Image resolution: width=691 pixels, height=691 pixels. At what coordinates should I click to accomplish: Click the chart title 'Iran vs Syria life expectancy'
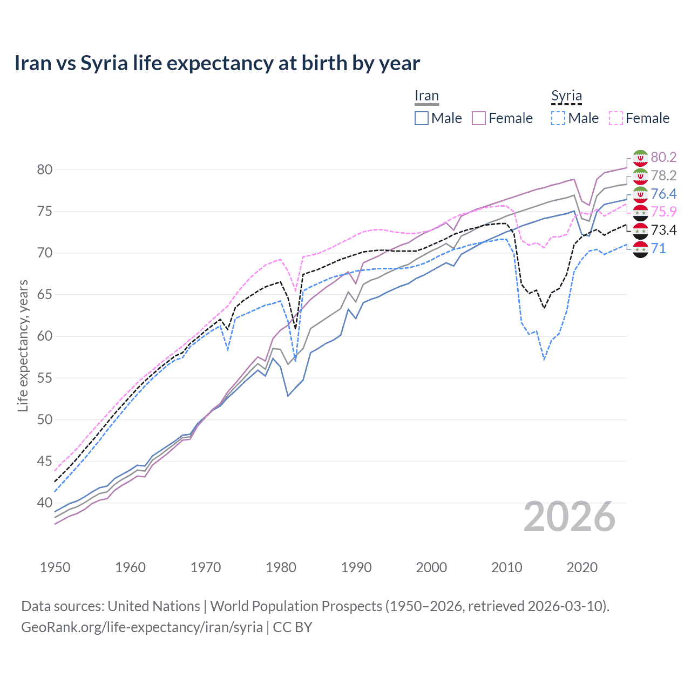217,63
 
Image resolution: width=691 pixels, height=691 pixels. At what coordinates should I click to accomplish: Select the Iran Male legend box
422,118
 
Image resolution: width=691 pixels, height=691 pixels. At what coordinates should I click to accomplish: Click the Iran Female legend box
479,118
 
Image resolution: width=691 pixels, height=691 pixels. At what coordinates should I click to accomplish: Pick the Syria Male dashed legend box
558,118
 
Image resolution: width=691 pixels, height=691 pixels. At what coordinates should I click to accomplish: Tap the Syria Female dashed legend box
616,118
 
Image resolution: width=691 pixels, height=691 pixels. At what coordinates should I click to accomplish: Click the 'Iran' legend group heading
426,96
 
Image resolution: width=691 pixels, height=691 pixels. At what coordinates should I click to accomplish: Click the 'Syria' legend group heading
566,96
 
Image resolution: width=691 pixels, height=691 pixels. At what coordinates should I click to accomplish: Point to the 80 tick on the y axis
45,170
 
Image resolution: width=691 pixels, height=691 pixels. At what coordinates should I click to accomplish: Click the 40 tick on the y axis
45,503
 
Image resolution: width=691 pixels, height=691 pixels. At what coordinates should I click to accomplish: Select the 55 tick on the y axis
45,378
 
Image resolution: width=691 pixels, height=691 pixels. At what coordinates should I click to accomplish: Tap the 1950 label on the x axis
55,567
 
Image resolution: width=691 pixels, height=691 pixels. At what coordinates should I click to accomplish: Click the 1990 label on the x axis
356,567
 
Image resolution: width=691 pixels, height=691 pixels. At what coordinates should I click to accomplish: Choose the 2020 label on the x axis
582,567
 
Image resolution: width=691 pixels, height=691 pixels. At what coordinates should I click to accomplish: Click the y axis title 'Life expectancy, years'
23,345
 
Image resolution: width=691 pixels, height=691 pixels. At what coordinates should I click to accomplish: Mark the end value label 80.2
663,157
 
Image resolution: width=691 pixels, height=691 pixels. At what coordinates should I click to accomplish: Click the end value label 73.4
663,230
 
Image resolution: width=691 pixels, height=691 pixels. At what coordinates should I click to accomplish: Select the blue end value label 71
658,248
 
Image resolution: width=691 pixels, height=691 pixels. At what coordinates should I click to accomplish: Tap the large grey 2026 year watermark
570,517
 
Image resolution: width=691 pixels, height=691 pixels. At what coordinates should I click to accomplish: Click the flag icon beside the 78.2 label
640,176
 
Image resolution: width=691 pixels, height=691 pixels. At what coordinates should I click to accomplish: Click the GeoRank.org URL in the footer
142,627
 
